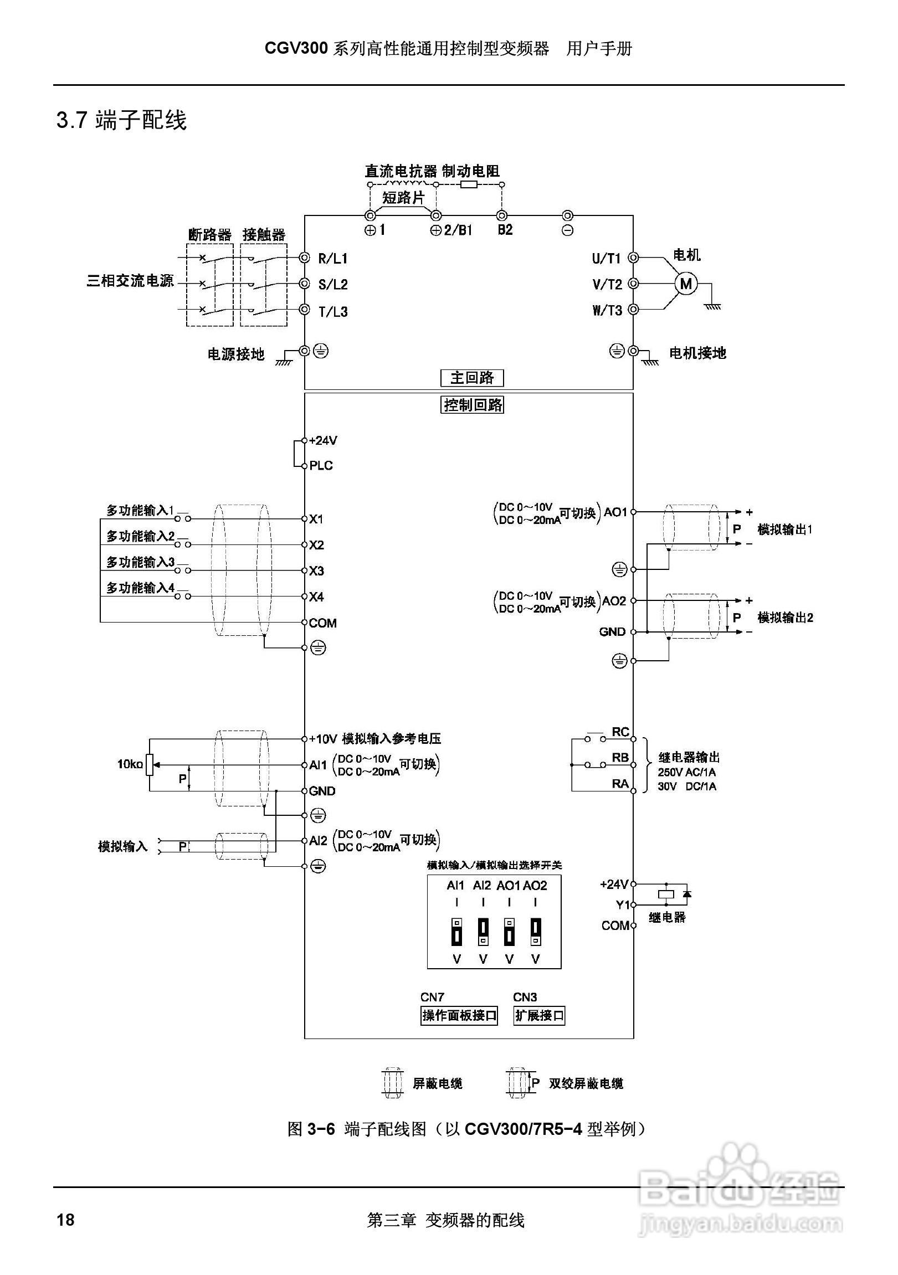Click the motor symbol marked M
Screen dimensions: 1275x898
[686, 284]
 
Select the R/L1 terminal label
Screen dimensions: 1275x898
[332, 258]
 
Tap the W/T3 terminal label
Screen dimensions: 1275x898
[607, 310]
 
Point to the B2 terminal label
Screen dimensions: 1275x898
[505, 229]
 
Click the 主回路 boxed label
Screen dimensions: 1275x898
[472, 378]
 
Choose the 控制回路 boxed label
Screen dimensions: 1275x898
[473, 405]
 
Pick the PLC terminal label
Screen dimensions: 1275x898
[321, 465]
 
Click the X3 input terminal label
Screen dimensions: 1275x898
[316, 571]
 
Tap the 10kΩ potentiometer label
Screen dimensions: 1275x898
[130, 764]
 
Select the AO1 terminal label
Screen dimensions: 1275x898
[615, 512]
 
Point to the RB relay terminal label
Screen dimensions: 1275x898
[620, 758]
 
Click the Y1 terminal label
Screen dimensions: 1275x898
[623, 905]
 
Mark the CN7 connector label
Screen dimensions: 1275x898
[432, 997]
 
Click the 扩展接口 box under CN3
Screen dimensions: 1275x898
[539, 1016]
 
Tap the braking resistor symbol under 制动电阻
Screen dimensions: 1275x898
[469, 184]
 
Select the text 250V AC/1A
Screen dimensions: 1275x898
[686, 772]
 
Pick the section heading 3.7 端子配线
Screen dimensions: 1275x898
[122, 120]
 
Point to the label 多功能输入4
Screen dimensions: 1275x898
[141, 588]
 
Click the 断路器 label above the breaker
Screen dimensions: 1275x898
[210, 234]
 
